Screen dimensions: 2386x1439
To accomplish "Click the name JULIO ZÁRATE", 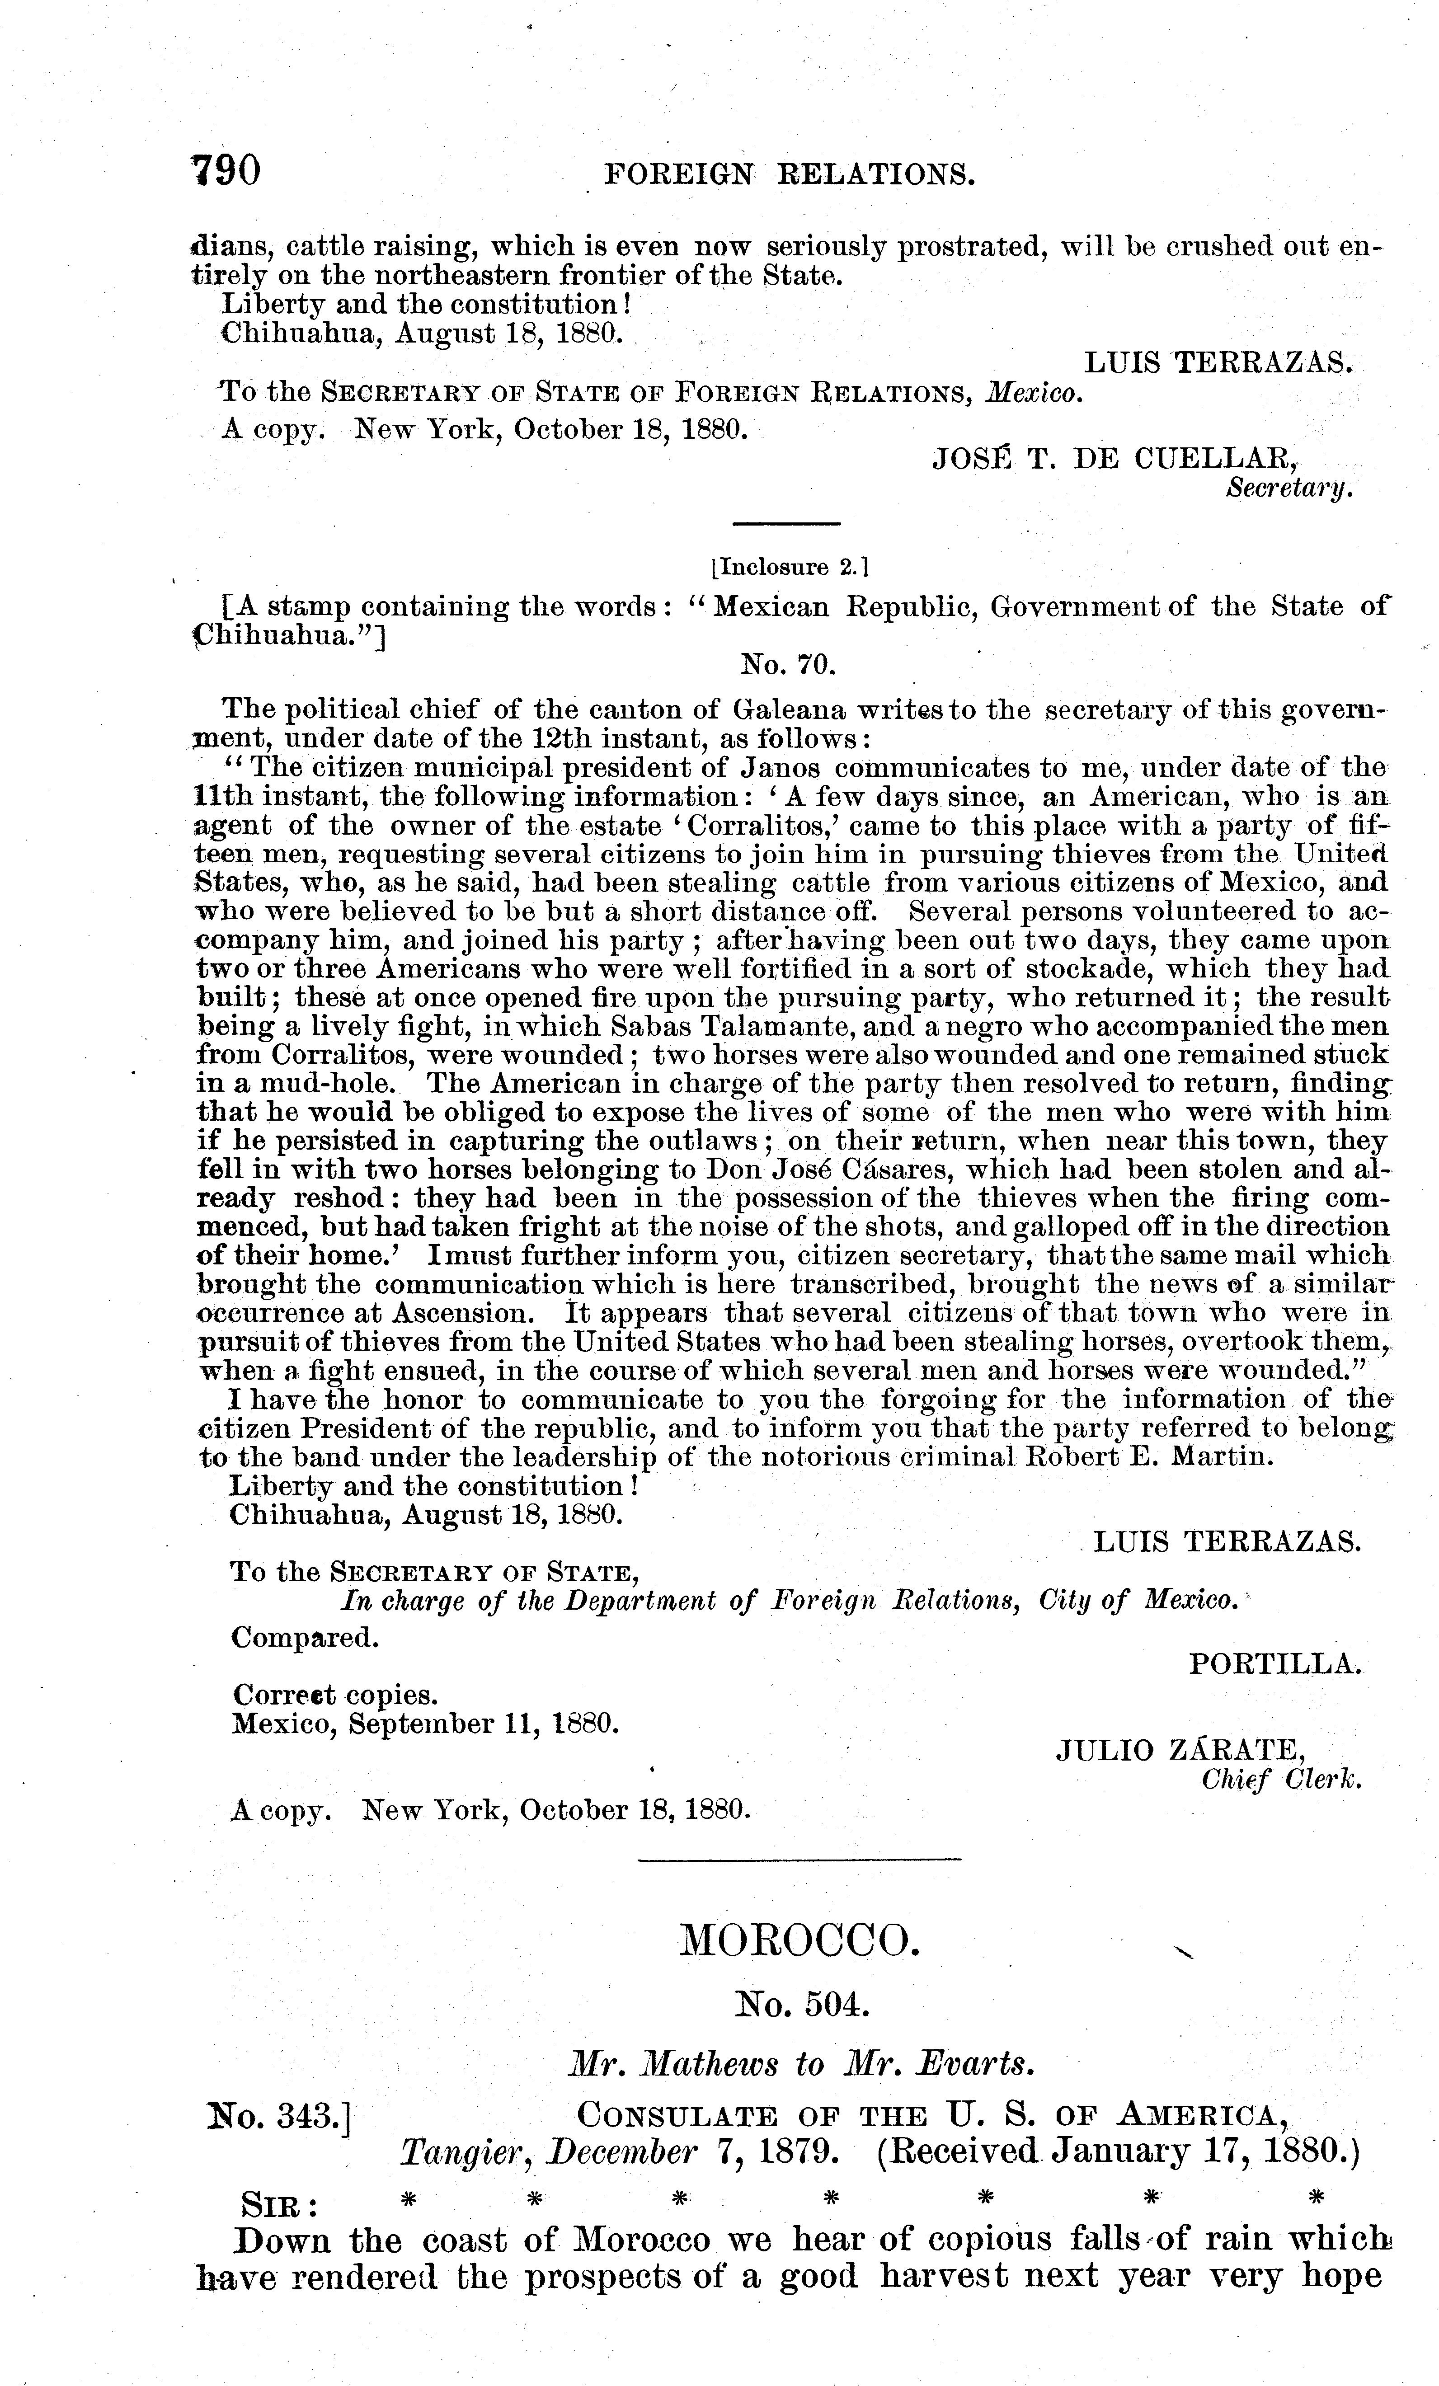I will tap(1180, 1750).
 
